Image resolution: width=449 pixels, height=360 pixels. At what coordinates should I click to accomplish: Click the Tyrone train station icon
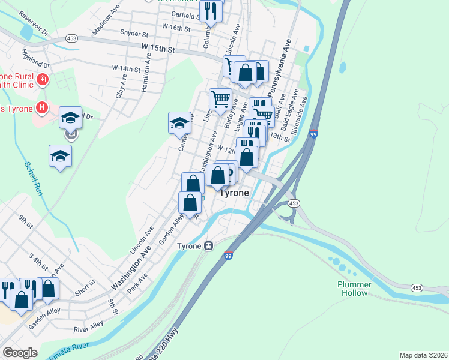pos(208,246)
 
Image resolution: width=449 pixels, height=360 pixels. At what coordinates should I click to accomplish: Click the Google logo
pos(20,353)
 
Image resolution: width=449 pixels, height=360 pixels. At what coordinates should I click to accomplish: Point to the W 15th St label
pos(158,47)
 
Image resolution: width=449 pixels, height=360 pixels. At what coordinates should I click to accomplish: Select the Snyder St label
pos(134,33)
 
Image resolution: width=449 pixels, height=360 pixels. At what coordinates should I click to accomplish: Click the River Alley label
pos(88,327)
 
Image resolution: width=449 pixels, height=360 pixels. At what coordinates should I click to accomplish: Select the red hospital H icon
pos(41,108)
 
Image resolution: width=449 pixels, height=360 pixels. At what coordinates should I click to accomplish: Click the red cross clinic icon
pos(43,79)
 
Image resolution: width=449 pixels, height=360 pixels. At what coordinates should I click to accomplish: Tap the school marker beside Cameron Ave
pos(179,123)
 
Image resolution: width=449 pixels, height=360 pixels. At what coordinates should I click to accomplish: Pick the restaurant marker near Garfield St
pos(211,10)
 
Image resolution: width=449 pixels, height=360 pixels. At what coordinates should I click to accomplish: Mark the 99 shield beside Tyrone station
pos(229,256)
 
